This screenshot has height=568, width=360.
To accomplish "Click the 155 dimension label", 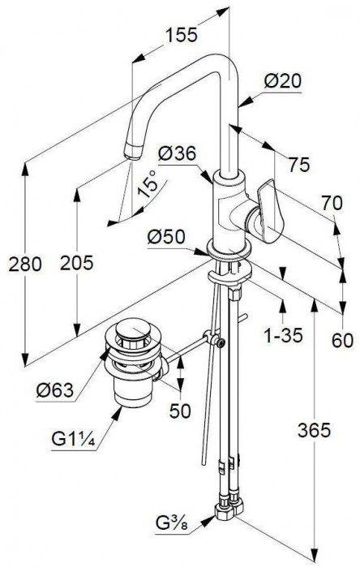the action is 182,35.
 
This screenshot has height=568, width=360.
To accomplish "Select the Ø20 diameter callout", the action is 283,81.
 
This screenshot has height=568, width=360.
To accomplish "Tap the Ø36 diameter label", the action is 178,154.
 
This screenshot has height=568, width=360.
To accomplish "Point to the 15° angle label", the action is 148,184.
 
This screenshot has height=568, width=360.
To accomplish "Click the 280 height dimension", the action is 25,264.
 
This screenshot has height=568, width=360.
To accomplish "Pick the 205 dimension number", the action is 77,263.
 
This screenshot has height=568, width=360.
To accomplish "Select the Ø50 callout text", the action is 166,237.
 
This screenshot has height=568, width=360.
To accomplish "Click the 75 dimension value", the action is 299,165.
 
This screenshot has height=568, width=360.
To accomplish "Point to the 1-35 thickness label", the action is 284,336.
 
